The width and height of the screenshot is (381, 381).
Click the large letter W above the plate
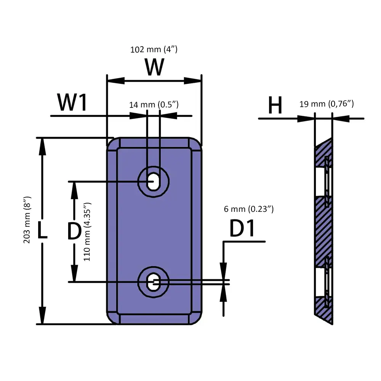coord(154,67)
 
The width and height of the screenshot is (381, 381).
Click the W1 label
coord(72,102)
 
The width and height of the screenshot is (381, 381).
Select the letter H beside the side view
coord(275,105)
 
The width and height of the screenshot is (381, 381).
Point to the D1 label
coord(242,228)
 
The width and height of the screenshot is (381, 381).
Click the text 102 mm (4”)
coord(154,49)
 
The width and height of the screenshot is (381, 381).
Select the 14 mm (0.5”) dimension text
coord(154,105)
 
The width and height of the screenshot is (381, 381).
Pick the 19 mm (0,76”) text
coord(327,104)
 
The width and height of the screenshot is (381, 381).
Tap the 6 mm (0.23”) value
coord(249,209)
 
